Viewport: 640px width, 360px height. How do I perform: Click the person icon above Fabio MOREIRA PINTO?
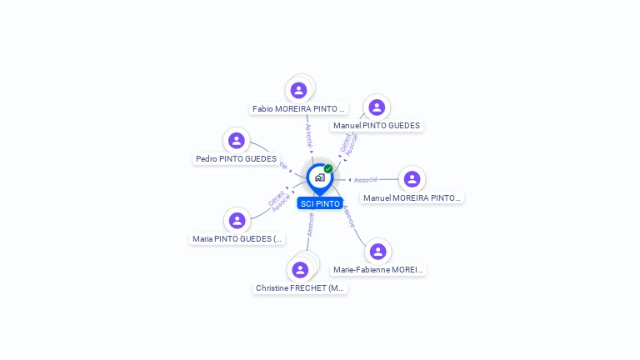point(299,90)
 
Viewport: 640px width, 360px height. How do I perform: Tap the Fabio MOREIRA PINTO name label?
point(299,108)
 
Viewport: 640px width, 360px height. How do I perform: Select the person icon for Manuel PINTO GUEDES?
point(377,107)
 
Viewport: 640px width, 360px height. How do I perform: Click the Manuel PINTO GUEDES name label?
point(377,126)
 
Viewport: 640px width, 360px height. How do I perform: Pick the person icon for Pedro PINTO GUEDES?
point(237,141)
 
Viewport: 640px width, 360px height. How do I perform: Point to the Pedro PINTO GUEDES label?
point(236,158)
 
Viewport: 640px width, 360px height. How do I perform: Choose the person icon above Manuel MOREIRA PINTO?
point(412,179)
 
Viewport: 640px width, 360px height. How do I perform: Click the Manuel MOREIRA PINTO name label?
point(412,197)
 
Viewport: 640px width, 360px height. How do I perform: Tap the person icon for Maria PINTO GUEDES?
point(237,221)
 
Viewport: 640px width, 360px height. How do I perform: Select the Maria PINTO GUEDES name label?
point(238,238)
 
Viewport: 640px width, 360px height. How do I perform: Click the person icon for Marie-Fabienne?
point(377,251)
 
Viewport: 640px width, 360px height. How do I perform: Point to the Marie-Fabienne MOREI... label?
point(378,269)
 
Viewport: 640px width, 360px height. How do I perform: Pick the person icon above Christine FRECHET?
point(300,269)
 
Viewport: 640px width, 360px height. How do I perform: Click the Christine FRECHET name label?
point(300,287)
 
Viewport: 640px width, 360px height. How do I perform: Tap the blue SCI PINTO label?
point(320,203)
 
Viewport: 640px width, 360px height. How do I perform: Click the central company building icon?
point(319,177)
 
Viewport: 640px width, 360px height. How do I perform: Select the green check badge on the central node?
point(328,168)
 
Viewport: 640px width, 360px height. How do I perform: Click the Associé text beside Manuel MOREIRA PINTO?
point(366,179)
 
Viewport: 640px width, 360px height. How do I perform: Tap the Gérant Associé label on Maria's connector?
point(279,201)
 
